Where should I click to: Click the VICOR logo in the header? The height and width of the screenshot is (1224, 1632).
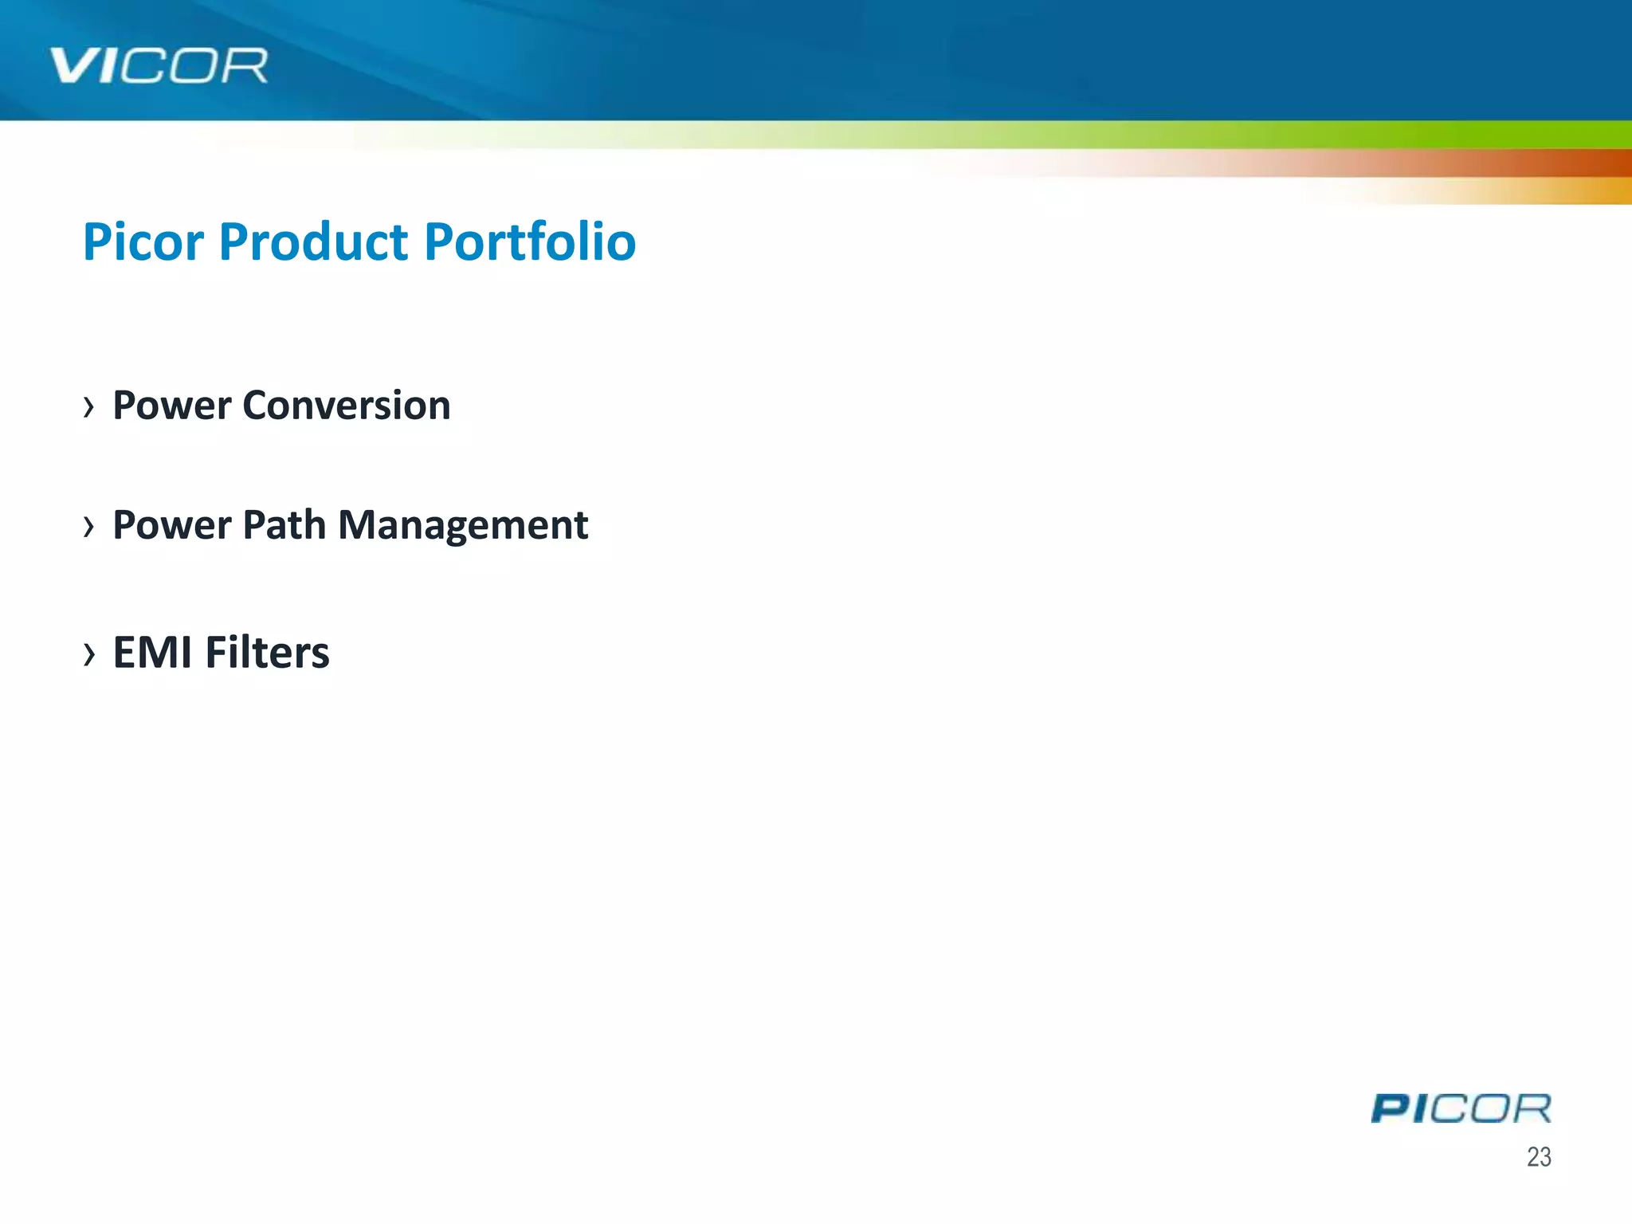159,65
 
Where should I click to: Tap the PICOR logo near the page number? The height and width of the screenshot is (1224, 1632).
1461,1108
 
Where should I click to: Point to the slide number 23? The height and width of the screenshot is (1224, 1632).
1539,1156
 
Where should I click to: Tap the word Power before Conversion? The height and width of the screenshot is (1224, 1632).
172,406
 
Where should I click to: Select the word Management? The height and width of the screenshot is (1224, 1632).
463,527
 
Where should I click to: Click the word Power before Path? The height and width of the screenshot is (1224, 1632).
172,525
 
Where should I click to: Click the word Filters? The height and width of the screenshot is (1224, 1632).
267,653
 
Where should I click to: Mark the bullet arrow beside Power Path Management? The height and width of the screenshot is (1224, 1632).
88,527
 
